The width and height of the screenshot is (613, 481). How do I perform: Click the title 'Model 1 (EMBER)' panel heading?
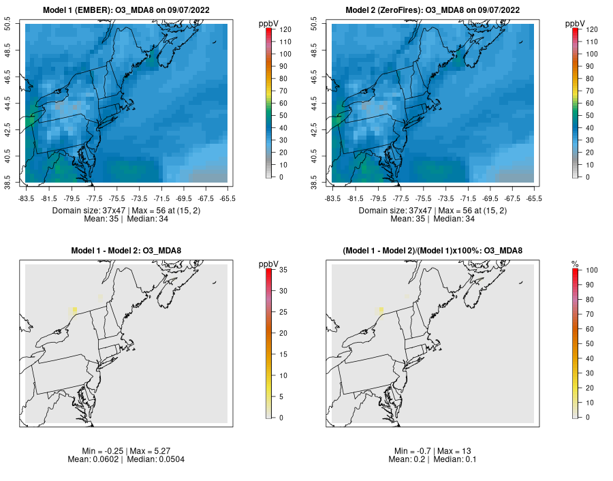tap(126, 10)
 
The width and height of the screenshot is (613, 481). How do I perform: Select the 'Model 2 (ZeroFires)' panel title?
tap(433, 10)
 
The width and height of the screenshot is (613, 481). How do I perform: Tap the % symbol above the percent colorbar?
tap(575, 264)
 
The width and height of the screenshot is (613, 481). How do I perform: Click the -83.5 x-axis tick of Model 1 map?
tap(26, 198)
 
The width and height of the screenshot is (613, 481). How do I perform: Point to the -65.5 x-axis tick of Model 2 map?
tap(534, 198)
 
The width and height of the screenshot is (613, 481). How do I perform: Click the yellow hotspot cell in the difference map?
tap(74, 311)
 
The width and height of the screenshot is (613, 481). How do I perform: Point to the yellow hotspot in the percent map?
tap(381, 311)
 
